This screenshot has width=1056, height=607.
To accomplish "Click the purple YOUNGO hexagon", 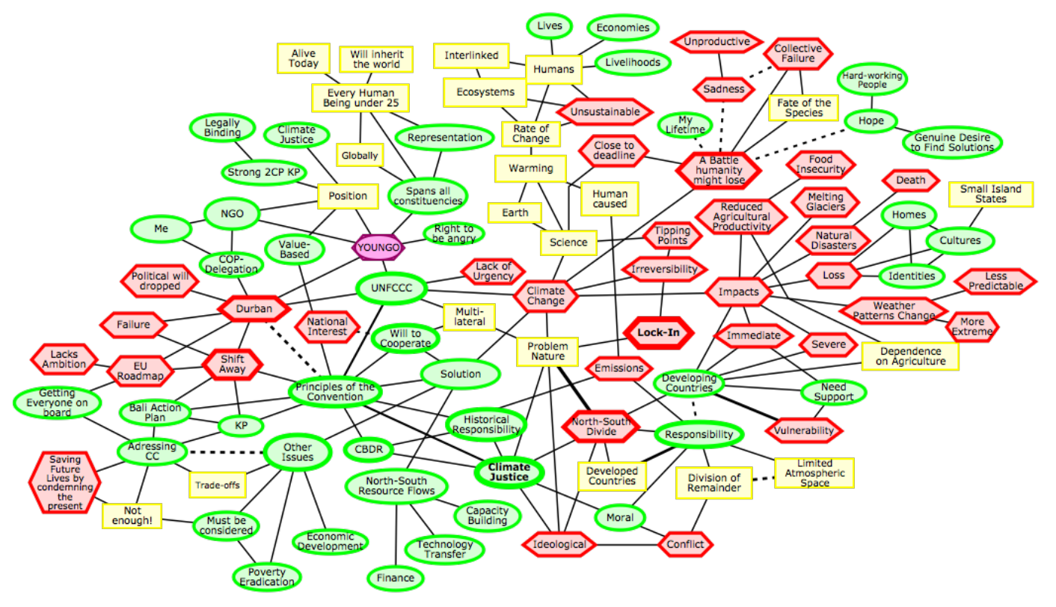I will tap(378, 247).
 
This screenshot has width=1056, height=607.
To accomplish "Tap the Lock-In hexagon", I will tap(658, 333).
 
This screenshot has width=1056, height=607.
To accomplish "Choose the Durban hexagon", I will tap(254, 308).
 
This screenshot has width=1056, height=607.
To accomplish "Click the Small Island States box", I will tap(991, 195).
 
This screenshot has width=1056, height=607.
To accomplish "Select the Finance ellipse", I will tap(396, 578).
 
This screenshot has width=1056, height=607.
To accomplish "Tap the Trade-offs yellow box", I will tap(217, 485).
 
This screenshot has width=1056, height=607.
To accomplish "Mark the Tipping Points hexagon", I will tap(672, 236).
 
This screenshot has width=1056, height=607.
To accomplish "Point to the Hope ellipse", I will tap(871, 121).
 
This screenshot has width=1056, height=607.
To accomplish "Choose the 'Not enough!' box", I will tap(132, 516).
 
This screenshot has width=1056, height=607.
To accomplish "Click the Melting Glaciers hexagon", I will tap(826, 201).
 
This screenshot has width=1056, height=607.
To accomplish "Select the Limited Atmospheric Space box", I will tap(814, 473).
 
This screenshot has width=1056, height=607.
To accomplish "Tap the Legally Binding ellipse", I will tap(222, 127).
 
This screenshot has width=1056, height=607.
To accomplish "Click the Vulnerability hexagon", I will tap(804, 430).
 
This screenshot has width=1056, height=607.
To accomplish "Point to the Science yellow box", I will tap(568, 242).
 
